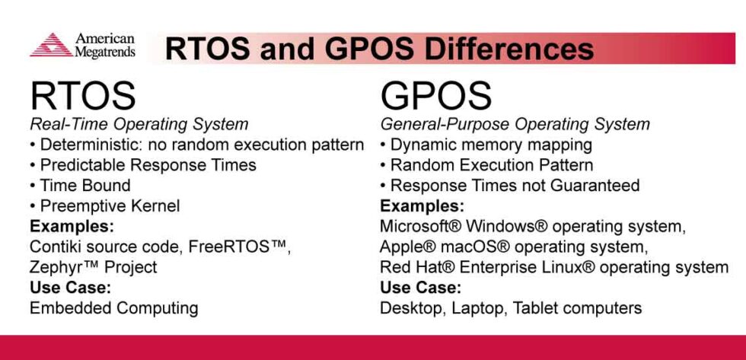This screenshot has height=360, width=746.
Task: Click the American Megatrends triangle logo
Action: [51, 45]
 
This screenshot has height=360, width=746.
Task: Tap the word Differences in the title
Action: [509, 48]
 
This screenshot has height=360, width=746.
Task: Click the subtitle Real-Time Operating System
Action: [139, 124]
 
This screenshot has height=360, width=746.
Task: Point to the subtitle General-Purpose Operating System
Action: [515, 124]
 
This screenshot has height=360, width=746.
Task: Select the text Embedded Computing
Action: [113, 308]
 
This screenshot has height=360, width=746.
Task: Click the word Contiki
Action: [56, 247]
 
